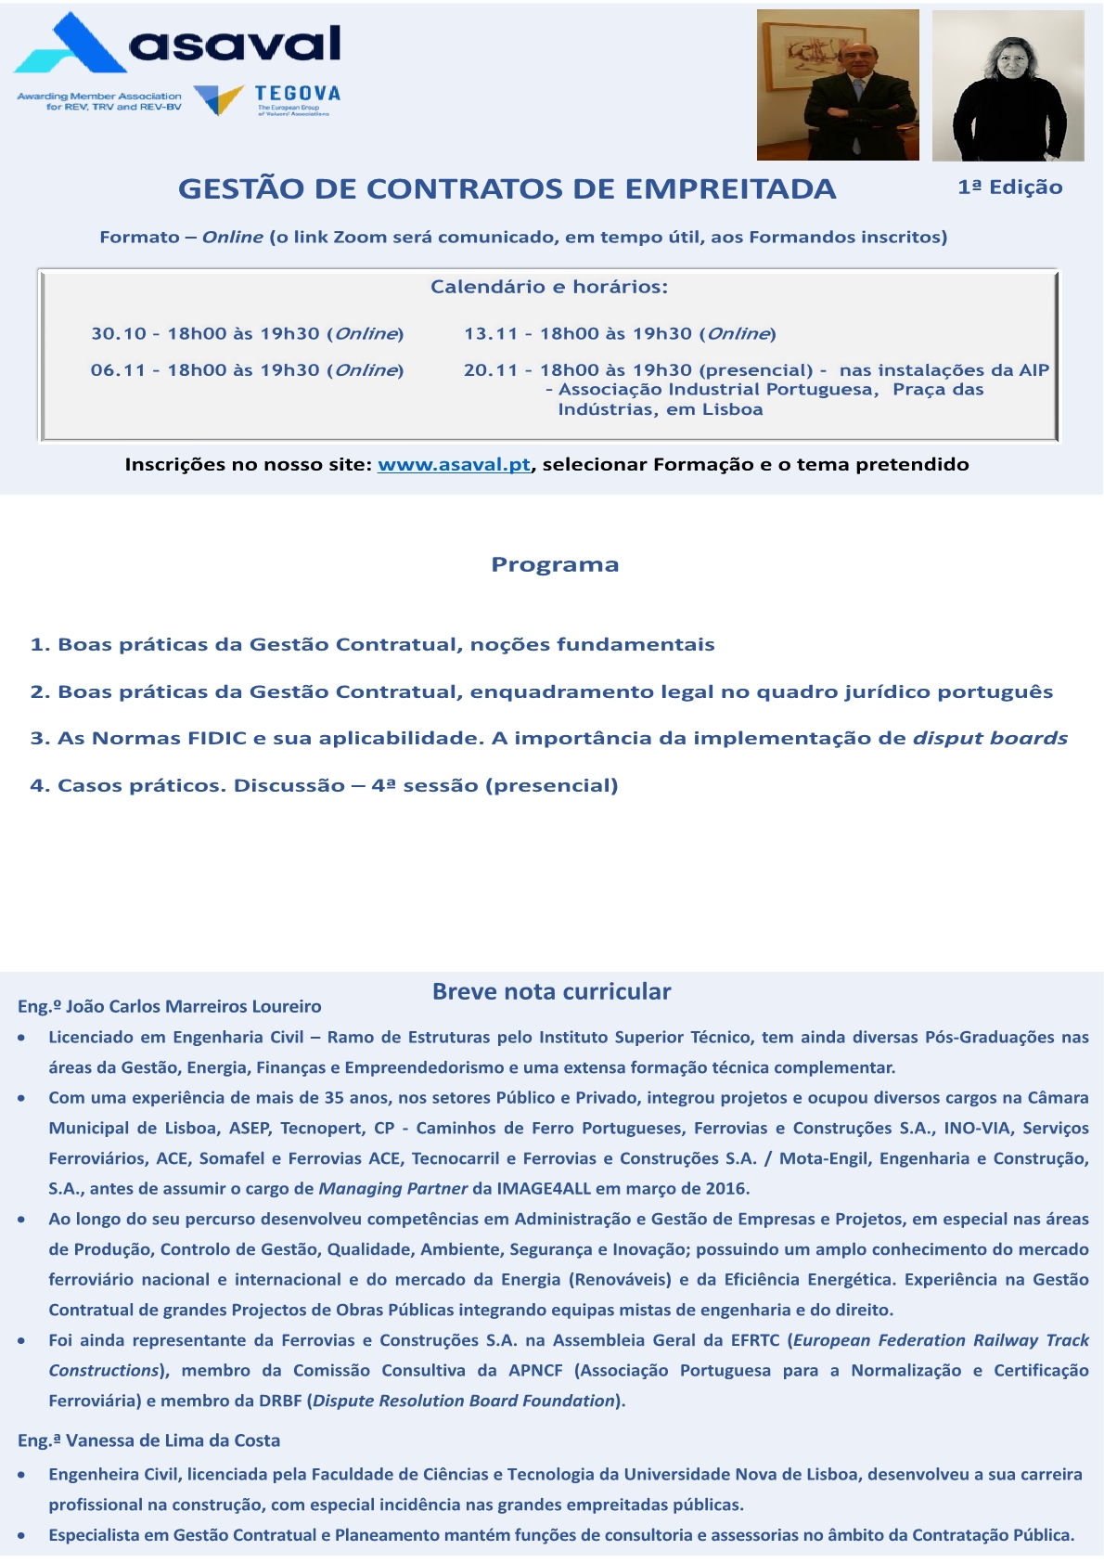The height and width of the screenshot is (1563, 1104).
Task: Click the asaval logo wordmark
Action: pos(235,44)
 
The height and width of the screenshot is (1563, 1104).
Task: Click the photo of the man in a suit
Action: pos(837,85)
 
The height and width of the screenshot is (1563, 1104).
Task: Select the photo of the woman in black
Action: pos(1008,85)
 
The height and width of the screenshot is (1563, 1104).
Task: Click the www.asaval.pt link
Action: pos(454,464)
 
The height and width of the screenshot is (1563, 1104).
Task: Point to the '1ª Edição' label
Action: pos(1009,187)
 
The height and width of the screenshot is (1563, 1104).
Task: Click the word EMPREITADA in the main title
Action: pos(730,188)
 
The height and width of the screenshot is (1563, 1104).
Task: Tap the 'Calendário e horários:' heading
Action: pos(548,287)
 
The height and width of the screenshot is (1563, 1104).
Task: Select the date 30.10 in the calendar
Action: pos(119,334)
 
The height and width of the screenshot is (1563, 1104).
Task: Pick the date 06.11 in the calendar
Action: pos(118,370)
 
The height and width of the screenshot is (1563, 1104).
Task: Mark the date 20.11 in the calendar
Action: pos(491,370)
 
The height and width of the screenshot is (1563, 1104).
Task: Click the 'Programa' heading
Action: pos(555,564)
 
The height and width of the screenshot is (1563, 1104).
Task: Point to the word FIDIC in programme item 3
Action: pos(216,739)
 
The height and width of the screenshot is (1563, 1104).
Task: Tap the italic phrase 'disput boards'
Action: pos(990,739)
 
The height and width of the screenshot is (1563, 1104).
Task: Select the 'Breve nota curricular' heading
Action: pos(551,991)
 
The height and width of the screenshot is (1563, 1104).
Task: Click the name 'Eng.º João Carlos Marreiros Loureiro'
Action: pos(170,1006)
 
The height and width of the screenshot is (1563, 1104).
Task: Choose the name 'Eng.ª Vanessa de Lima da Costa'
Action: pos(149,1440)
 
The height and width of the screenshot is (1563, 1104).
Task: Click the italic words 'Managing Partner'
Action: pos(392,1188)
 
